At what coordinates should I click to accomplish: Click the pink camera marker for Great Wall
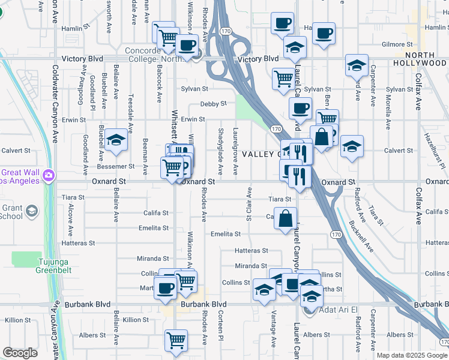coord(48,176)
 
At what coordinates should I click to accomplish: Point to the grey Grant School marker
coord(31,211)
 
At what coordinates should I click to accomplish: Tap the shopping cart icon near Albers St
coord(176,340)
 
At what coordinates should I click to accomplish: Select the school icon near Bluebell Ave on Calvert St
coord(116,140)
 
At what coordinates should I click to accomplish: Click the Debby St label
coord(213,103)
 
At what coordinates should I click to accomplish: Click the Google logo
coord(20,353)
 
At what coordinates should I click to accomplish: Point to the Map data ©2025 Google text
coord(412,355)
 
